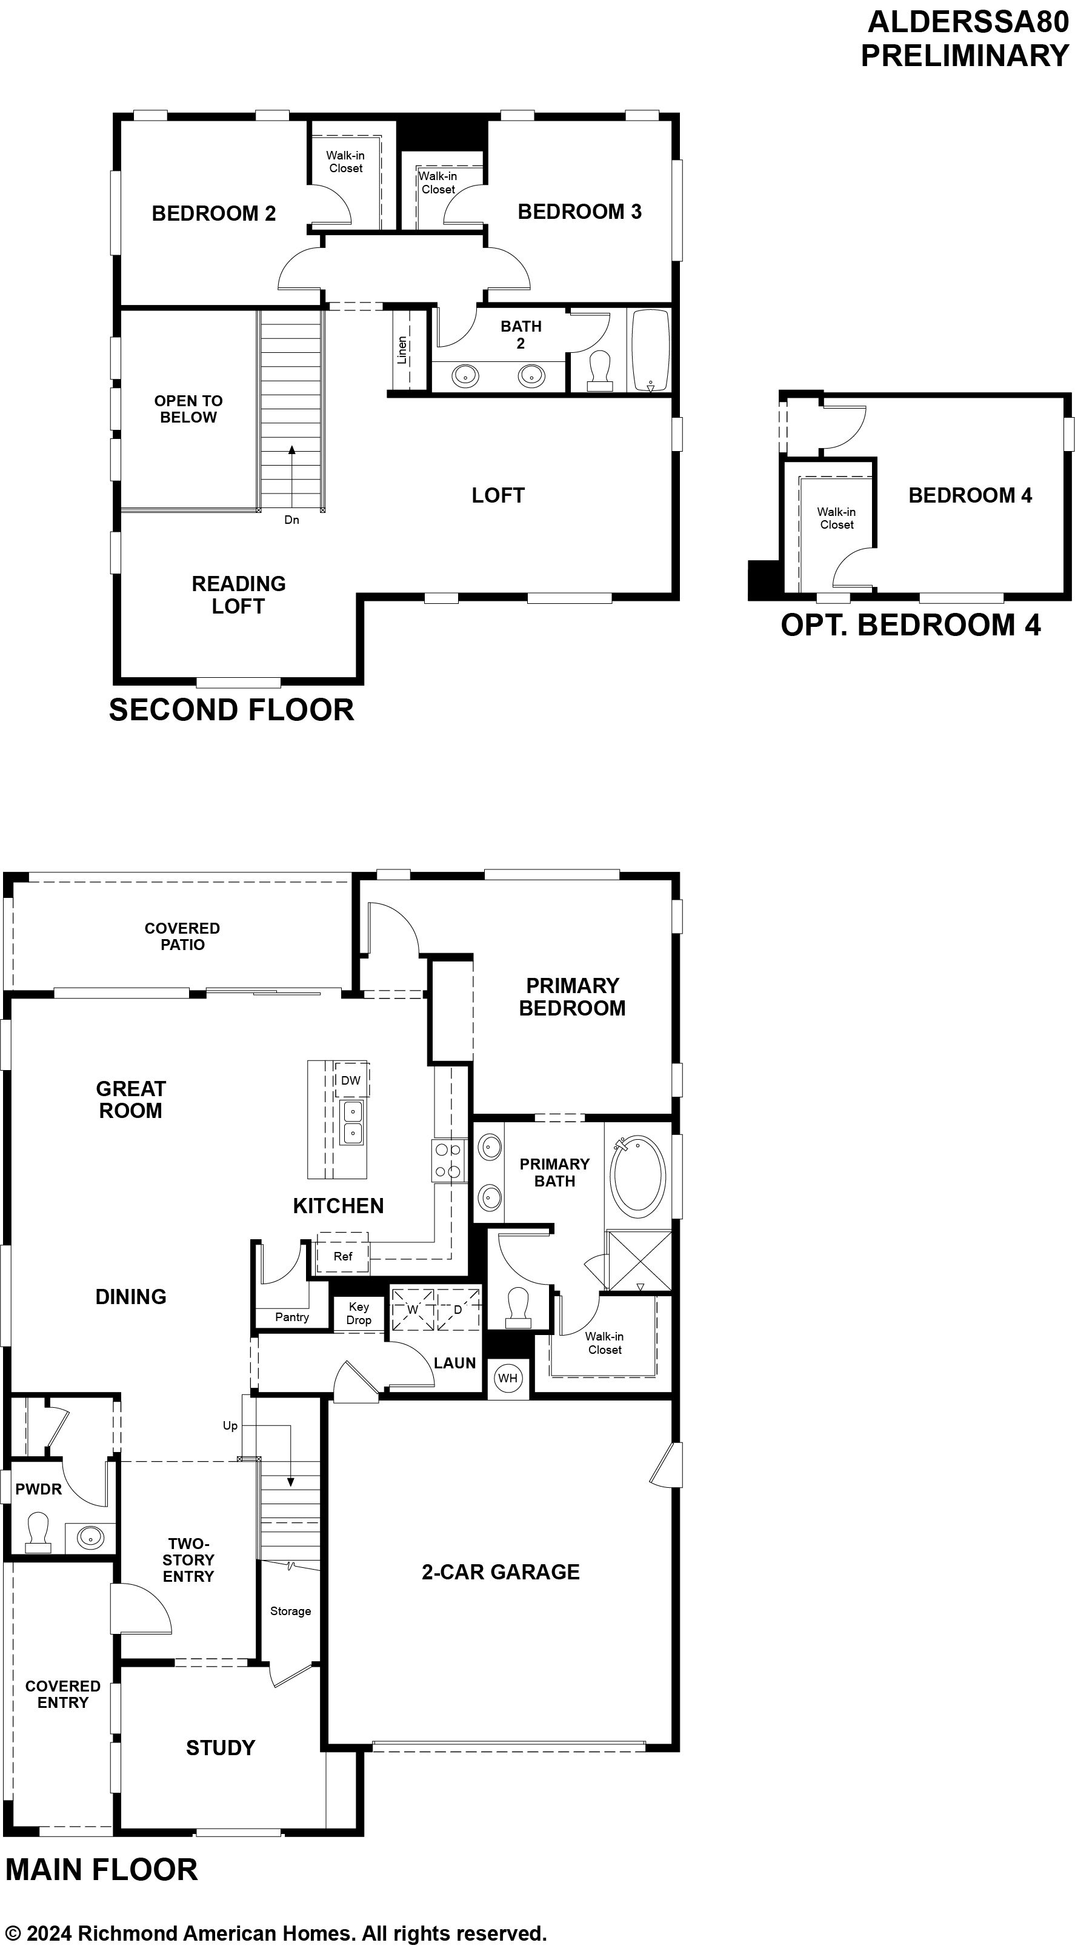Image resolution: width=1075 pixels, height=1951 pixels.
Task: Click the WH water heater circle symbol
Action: click(x=507, y=1377)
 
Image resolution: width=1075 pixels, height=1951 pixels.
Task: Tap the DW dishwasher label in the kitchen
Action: click(x=350, y=1080)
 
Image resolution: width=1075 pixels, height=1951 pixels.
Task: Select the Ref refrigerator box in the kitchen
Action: click(x=343, y=1256)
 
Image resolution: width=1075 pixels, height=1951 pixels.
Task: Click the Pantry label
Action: click(x=291, y=1317)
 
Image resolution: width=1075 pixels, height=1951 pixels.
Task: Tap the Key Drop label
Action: click(x=359, y=1313)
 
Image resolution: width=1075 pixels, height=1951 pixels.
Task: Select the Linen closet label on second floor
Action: click(x=402, y=350)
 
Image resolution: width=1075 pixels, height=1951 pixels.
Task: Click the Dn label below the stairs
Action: click(x=291, y=520)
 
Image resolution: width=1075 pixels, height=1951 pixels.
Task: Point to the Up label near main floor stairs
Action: click(x=230, y=1425)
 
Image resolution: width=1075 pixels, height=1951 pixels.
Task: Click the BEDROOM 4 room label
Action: click(x=970, y=495)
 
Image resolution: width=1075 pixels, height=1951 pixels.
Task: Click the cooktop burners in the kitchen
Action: click(x=447, y=1160)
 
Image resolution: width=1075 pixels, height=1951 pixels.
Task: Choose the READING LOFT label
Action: click(x=239, y=595)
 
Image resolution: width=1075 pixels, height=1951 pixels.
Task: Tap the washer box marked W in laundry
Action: click(x=413, y=1309)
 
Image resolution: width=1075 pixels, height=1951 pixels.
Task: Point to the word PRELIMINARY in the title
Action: click(x=965, y=56)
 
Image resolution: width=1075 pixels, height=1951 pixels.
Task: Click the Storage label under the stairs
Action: click(x=291, y=1611)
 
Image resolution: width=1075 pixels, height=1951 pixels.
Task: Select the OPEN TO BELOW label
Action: click(x=188, y=409)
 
